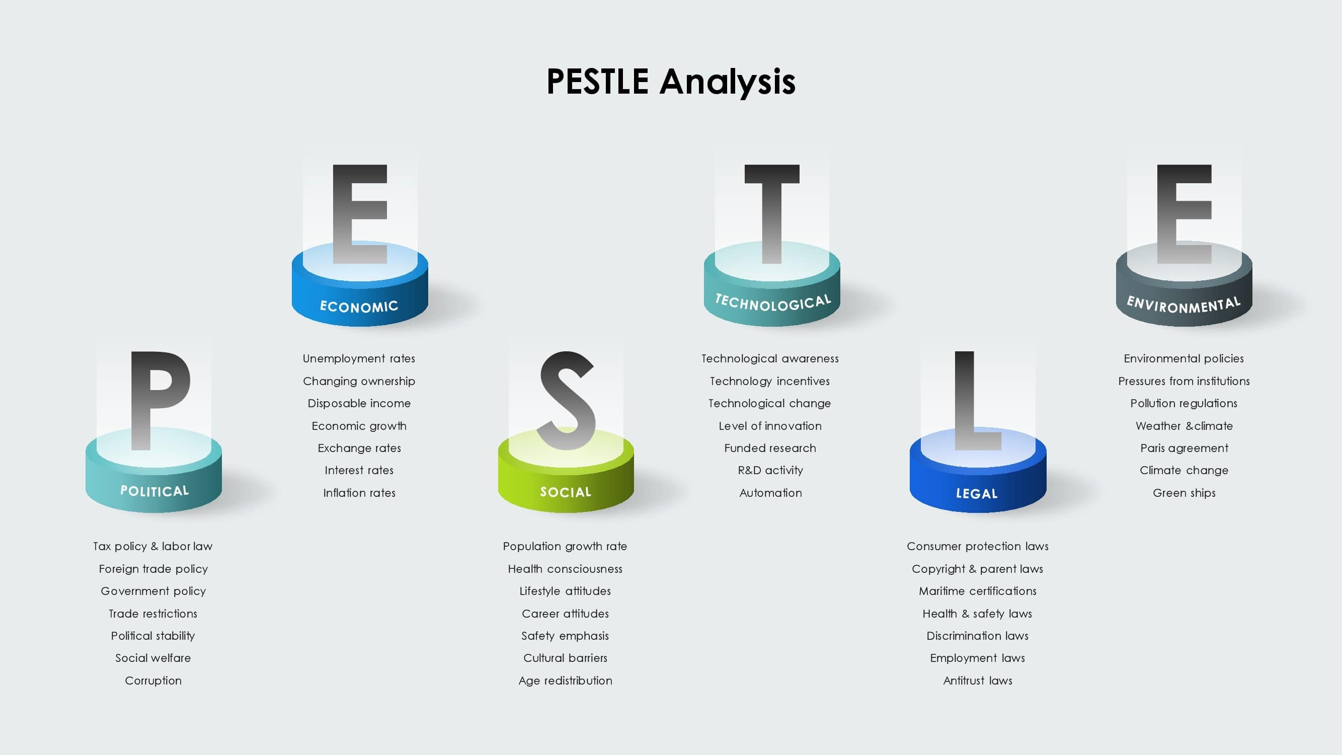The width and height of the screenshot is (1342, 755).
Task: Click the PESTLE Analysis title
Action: [671, 82]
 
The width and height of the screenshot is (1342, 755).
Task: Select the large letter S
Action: [566, 400]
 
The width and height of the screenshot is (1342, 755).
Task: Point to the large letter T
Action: [771, 213]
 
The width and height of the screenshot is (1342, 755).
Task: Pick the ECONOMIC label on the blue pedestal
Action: [359, 307]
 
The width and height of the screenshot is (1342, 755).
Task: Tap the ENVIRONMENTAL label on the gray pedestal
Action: [1183, 305]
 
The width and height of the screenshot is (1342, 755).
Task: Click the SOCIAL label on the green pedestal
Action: [566, 492]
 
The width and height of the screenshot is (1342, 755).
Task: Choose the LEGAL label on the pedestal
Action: [977, 493]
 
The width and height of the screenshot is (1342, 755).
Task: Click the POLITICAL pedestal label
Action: [154, 491]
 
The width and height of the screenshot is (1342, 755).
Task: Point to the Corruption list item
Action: [153, 681]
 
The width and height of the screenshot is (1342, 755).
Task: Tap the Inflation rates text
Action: [359, 492]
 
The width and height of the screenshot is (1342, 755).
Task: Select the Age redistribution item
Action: [565, 681]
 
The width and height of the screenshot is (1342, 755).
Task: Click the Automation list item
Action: [770, 492]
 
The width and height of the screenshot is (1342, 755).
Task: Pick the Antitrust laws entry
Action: [978, 681]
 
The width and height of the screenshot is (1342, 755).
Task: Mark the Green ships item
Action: [1184, 493]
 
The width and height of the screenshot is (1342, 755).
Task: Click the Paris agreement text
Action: [1184, 448]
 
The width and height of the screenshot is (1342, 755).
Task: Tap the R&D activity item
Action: [770, 471]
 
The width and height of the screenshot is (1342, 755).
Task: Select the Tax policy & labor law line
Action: [152, 546]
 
